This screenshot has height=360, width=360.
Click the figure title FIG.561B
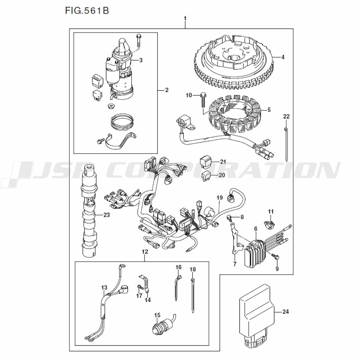click(87, 11)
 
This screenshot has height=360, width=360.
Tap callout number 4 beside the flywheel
click(283, 57)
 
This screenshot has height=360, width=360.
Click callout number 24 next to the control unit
click(285, 312)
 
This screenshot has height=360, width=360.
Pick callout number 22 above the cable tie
click(286, 116)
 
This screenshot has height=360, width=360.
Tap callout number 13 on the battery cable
click(104, 288)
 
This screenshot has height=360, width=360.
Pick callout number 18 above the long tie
click(193, 269)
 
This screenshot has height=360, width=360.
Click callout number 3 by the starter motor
click(141, 60)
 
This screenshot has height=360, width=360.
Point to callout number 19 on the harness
click(220, 198)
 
